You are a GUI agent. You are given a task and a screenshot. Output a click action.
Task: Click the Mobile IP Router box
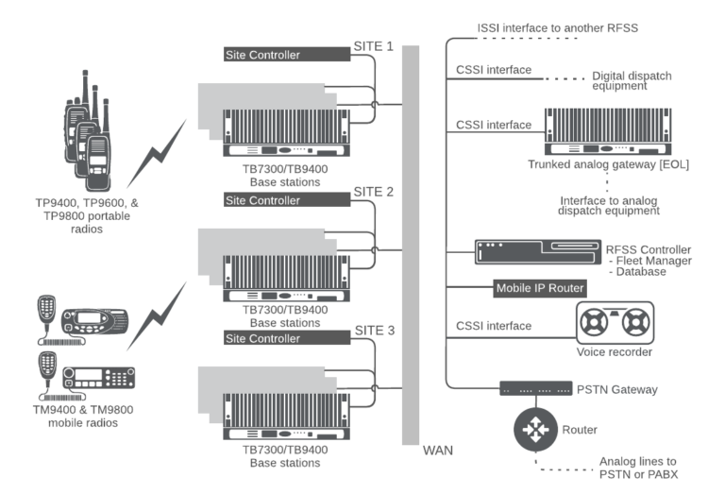tap(541, 288)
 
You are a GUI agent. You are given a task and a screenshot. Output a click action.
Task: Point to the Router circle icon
tap(533, 431)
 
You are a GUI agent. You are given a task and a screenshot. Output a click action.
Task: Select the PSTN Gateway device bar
tap(535, 388)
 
